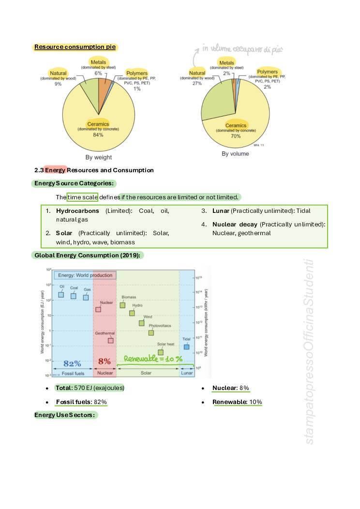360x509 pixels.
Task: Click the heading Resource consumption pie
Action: (75, 47)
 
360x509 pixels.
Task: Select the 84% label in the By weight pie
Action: (98, 135)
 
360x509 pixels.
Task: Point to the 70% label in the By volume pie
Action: (236, 136)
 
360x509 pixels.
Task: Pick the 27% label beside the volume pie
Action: (197, 83)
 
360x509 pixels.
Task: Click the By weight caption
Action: (99, 157)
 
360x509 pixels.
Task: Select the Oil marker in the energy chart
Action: (61, 295)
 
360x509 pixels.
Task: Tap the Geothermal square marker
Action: (110, 340)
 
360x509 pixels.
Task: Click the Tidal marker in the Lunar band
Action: (186, 346)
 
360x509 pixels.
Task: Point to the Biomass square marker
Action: (122, 305)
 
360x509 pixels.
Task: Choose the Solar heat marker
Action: (161, 352)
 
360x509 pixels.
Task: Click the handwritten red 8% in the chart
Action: (105, 361)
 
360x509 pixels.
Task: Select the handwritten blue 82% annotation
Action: (72, 363)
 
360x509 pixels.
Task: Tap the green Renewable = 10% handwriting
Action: (153, 359)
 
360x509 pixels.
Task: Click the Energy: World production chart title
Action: (85, 275)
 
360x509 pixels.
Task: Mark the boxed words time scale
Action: (83, 197)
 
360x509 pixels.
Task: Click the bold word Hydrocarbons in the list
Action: (77, 211)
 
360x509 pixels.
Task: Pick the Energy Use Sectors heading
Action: (64, 415)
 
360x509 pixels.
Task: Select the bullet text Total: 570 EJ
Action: (90, 388)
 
